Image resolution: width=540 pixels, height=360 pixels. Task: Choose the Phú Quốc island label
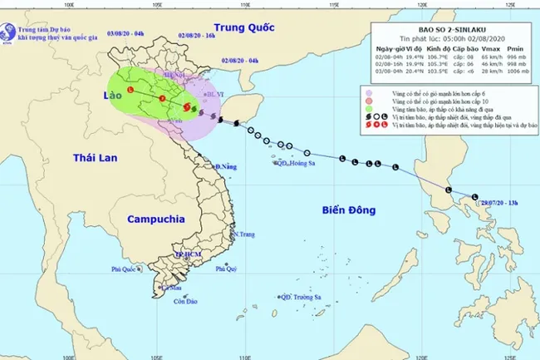tap(127, 269)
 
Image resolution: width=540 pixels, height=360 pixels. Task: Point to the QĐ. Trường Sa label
tap(304, 297)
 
